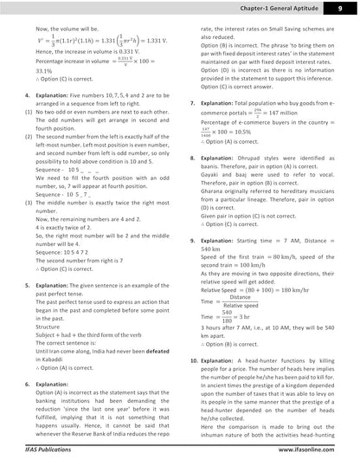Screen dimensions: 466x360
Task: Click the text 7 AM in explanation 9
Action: tap(294, 239)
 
